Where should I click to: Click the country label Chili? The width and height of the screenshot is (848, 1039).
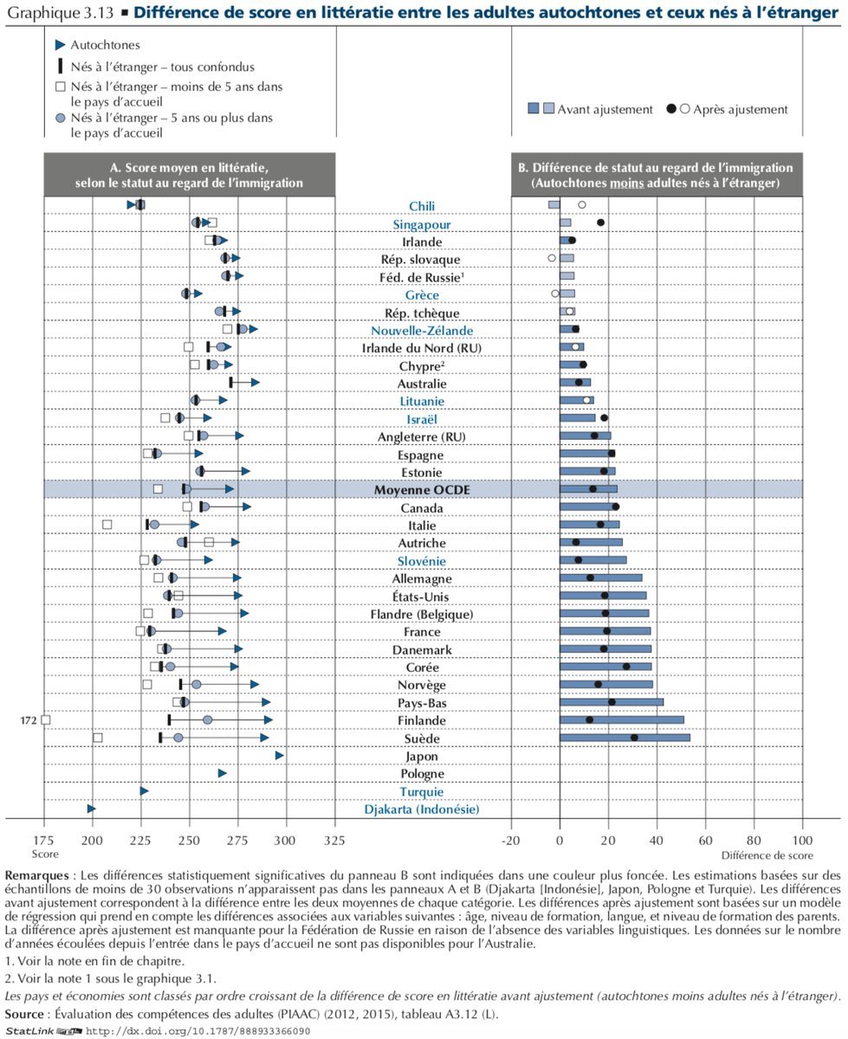422,206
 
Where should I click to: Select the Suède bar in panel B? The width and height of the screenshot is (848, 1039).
625,738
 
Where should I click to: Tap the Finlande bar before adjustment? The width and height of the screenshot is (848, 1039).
622,720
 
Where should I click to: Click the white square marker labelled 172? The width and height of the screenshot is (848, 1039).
45,720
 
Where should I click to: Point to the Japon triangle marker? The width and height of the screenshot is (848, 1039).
280,755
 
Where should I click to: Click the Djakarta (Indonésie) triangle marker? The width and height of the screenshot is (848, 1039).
91,809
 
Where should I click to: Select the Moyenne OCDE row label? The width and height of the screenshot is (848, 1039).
422,490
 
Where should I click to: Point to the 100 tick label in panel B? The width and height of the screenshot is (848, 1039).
802,840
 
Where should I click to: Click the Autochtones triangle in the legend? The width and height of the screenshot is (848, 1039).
60,45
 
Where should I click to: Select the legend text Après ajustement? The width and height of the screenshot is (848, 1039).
740,109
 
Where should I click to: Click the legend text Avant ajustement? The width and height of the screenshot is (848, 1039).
605,109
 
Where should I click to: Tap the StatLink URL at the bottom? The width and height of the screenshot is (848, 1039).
198,1030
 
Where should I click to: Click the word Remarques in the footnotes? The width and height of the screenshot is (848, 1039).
36,875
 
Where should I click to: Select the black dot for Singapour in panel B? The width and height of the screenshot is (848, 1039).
600,223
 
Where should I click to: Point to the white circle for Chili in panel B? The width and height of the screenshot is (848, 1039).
582,204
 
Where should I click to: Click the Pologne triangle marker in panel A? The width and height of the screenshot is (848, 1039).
223,773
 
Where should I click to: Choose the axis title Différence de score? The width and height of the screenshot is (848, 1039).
767,855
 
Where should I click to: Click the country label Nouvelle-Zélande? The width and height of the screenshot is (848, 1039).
422,330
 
